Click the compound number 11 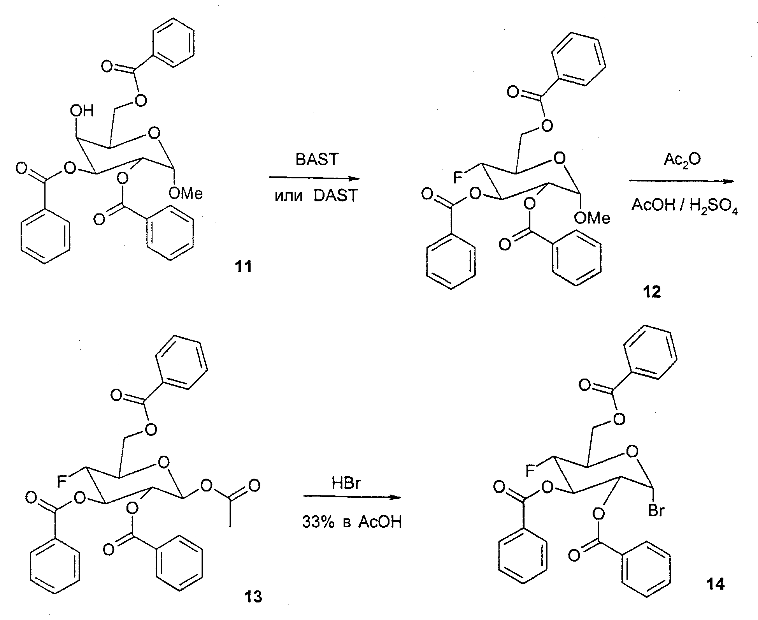243,267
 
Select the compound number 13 253,597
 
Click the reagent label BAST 317,160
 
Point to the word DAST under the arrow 336,196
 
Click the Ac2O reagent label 682,160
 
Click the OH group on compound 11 82,111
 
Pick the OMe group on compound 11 186,194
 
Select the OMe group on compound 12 592,218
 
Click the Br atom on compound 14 656,511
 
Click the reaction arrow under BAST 314,178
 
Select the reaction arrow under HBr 352,497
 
